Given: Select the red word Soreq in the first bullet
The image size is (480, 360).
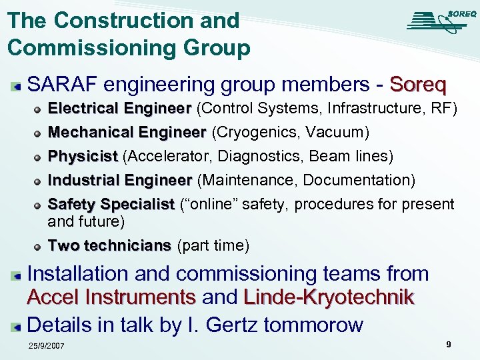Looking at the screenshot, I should pyautogui.click(x=418, y=85).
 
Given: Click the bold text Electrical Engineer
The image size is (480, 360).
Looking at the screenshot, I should pyautogui.click(x=120, y=109).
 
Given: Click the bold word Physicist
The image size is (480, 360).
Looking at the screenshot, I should pyautogui.click(x=83, y=157).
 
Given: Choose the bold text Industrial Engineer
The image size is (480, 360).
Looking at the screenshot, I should pyautogui.click(x=120, y=180).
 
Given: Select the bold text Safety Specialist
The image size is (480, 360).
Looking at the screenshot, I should pyautogui.click(x=111, y=204).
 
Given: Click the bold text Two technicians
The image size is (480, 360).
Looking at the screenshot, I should pyautogui.click(x=109, y=246).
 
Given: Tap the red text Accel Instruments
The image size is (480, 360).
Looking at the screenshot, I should pyautogui.click(x=111, y=297).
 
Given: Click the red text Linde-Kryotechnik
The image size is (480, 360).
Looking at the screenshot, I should pyautogui.click(x=329, y=297).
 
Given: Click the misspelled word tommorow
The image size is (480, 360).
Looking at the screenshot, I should pyautogui.click(x=315, y=325).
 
